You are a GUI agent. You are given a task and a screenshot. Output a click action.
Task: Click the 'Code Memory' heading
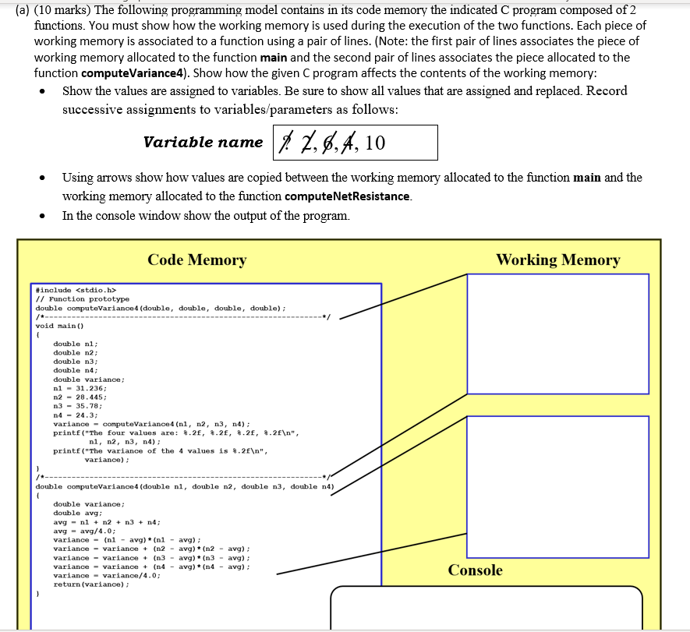196,260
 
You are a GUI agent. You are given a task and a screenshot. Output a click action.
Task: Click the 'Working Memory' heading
557,260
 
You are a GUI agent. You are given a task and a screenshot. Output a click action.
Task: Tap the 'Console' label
476,570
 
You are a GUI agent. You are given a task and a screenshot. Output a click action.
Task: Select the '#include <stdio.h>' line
76,290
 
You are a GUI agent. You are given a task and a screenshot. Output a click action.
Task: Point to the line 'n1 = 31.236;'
80,388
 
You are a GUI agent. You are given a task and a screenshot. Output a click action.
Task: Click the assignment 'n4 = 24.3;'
76,415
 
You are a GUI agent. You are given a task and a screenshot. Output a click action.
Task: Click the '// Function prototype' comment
83,299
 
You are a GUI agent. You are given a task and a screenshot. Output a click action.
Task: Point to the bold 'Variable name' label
203,143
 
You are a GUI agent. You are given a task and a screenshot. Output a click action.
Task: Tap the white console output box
486,608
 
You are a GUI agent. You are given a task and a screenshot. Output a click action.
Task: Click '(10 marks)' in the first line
62,9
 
